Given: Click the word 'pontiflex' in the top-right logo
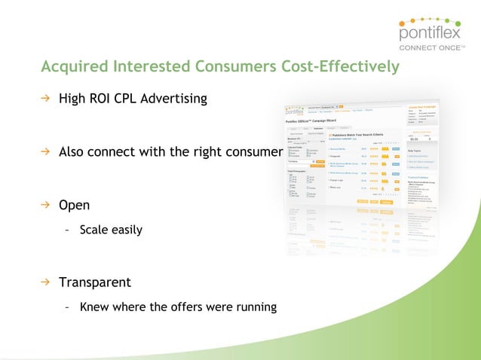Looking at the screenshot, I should [433, 34].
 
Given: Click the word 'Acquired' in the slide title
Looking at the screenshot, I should [74, 67].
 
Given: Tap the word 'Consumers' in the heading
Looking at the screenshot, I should [233, 67].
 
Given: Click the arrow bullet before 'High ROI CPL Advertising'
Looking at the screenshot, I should [45, 99].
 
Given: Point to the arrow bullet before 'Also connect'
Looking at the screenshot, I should [45, 151].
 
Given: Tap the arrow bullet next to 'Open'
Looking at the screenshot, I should [45, 204].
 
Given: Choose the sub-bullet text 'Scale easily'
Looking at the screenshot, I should [111, 230].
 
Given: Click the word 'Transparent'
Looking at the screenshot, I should [95, 282].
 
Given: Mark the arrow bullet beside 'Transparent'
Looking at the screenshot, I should [45, 282].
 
